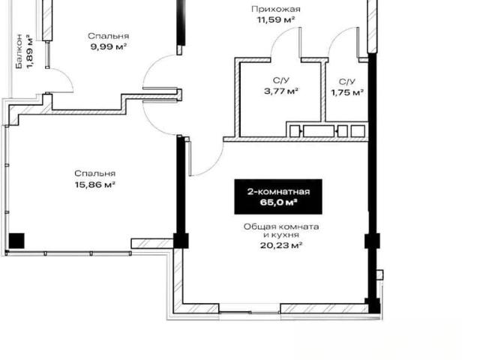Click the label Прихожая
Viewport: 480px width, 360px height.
pyautogui.click(x=276, y=10)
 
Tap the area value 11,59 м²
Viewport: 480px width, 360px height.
pyautogui.click(x=276, y=20)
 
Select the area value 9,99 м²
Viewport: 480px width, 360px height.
pyautogui.click(x=109, y=46)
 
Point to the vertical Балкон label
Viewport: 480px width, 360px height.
pyautogui.click(x=19, y=52)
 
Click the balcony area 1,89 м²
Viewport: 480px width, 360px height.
pyautogui.click(x=30, y=52)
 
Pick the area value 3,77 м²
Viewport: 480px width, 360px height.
pyautogui.click(x=281, y=91)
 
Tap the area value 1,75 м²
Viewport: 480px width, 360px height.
pyautogui.click(x=347, y=92)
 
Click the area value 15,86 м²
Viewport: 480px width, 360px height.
pyautogui.click(x=95, y=184)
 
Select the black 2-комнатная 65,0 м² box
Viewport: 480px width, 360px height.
pyautogui.click(x=278, y=196)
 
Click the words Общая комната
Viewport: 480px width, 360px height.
pyautogui.click(x=281, y=226)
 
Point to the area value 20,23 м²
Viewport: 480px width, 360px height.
pyautogui.click(x=281, y=245)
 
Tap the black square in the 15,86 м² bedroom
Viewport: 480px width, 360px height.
pyautogui.click(x=16, y=241)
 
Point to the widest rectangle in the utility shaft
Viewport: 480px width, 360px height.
pyautogui.click(x=318, y=131)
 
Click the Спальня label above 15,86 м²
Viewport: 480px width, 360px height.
pyautogui.click(x=95, y=173)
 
